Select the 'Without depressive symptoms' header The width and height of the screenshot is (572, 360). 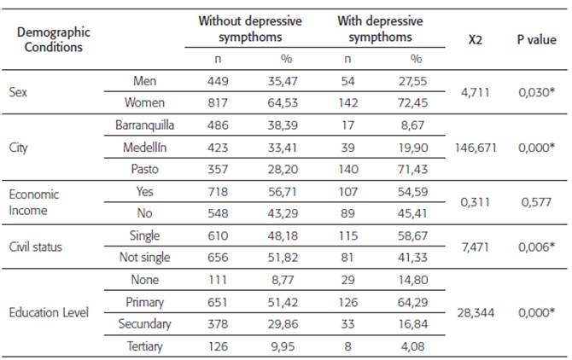click(239, 29)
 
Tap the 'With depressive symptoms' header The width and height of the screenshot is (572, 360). click(380, 29)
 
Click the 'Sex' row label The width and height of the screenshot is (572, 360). click(18, 90)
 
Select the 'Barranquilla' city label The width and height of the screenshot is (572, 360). click(145, 125)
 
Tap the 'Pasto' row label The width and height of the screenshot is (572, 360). click(145, 169)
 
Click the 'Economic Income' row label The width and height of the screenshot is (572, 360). click(36, 201)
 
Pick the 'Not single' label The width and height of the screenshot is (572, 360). click(145, 258)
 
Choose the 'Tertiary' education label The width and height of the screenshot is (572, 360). click(145, 346)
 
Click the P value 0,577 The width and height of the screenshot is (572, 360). click(534, 201)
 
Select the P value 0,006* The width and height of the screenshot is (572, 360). click(534, 247)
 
